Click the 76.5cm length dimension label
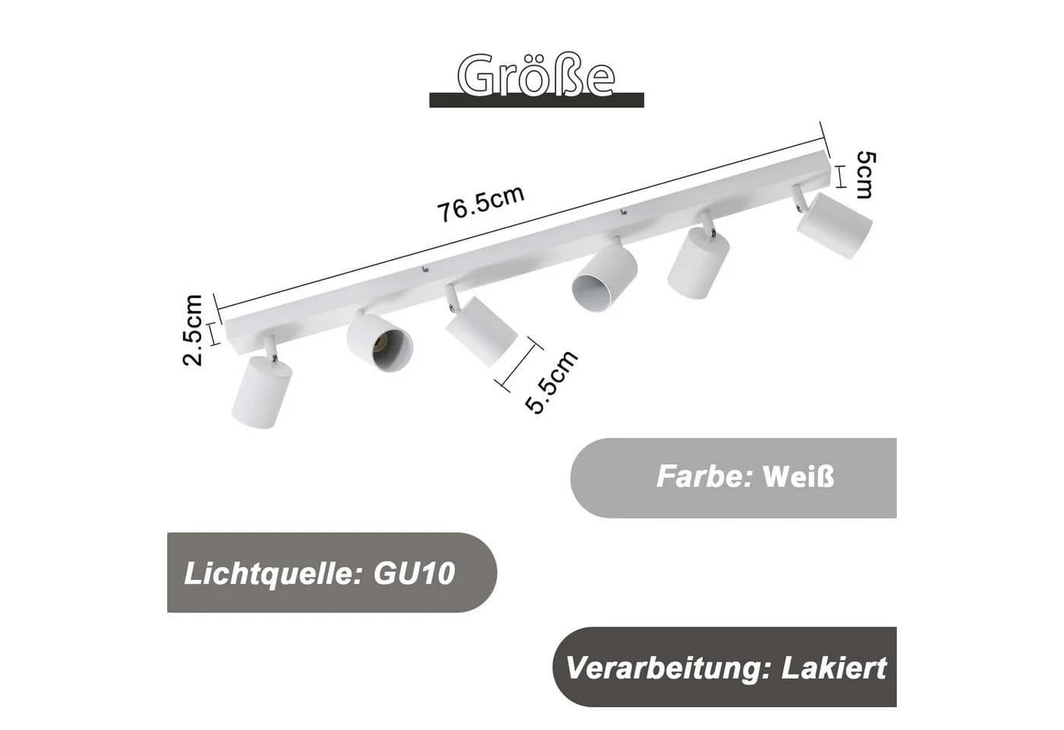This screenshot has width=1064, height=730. point(480,204)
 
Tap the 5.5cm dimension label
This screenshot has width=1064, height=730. point(551,382)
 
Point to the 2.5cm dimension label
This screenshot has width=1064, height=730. point(193,330)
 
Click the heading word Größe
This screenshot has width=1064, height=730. point(537,75)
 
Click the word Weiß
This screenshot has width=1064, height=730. point(799,477)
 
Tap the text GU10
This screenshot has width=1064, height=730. point(414,573)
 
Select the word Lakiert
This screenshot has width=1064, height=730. point(834,668)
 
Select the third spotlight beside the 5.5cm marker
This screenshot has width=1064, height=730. point(480,331)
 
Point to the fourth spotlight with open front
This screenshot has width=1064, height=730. point(603,278)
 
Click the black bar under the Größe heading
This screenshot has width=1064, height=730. point(537,100)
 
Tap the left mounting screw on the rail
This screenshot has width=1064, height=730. point(425,269)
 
